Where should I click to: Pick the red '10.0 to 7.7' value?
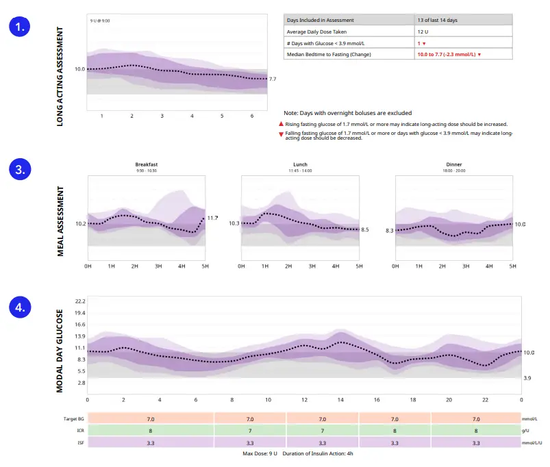(x=449, y=54)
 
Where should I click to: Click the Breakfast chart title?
(x=146, y=164)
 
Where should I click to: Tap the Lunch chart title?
(x=300, y=164)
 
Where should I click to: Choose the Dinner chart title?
(x=453, y=164)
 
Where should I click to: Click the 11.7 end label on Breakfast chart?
(x=212, y=218)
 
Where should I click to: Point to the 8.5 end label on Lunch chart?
(x=365, y=229)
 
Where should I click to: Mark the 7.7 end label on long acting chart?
(x=273, y=79)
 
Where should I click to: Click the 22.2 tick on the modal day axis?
(x=80, y=302)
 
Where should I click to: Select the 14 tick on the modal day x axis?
(x=340, y=399)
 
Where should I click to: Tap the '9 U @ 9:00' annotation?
(x=101, y=21)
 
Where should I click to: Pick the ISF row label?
(x=80, y=443)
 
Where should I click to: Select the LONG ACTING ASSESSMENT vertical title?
(x=60, y=76)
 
